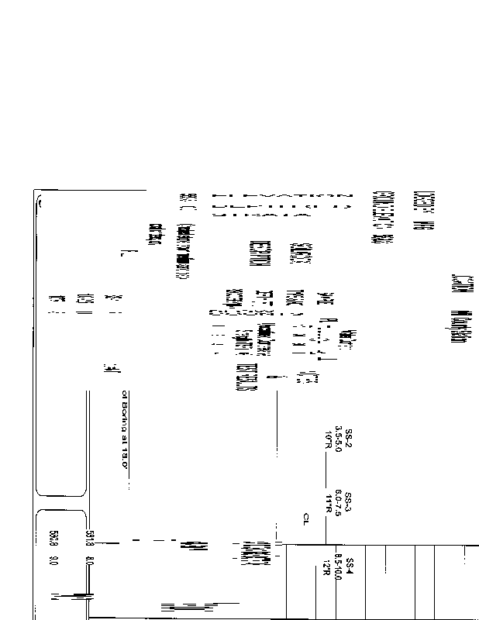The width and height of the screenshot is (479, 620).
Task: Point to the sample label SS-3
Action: point(349,500)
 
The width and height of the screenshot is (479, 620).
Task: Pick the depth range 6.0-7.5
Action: point(339,501)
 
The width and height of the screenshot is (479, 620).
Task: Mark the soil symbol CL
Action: point(307,516)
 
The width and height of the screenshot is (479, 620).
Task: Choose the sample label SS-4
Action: point(349,565)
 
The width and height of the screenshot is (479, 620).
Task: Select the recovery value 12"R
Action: point(329,566)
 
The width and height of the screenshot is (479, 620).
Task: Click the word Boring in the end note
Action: point(123,419)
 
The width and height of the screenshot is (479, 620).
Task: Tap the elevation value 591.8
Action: point(91,535)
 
